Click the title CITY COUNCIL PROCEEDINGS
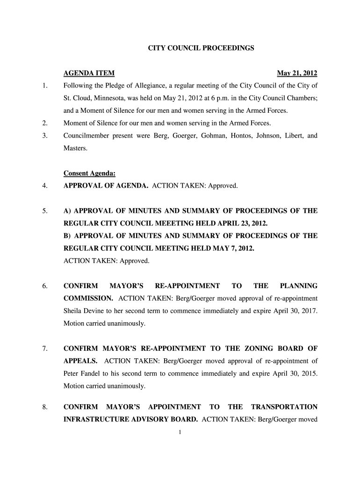[201, 48]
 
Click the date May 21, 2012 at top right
[297, 73]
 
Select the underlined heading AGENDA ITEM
[89, 73]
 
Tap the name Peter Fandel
[81, 374]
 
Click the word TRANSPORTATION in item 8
[284, 407]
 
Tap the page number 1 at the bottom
[180, 432]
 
